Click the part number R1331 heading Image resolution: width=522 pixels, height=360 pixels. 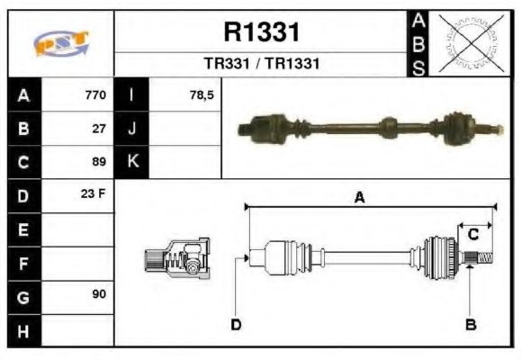click(x=261, y=33)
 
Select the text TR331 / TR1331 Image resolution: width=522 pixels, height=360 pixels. click(x=261, y=65)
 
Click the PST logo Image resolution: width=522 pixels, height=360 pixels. click(x=60, y=44)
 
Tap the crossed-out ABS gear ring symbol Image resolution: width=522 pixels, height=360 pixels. click(x=470, y=43)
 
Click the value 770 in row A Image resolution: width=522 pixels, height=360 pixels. click(x=94, y=94)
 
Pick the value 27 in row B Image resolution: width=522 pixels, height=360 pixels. click(x=99, y=129)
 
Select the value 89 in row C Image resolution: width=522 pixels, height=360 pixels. click(x=99, y=162)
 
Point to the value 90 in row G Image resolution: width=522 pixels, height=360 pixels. click(x=99, y=295)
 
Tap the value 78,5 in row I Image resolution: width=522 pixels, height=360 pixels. click(x=202, y=94)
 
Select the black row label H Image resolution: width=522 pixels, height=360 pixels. click(x=22, y=329)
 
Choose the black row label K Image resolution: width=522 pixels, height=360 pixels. click(x=132, y=162)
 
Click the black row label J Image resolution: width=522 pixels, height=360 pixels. click(x=132, y=129)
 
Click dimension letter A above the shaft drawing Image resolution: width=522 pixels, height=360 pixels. click(x=358, y=199)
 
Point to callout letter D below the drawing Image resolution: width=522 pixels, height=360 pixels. click(x=236, y=324)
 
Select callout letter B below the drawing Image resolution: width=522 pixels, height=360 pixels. click(x=469, y=324)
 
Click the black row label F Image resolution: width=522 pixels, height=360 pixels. click(x=22, y=263)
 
